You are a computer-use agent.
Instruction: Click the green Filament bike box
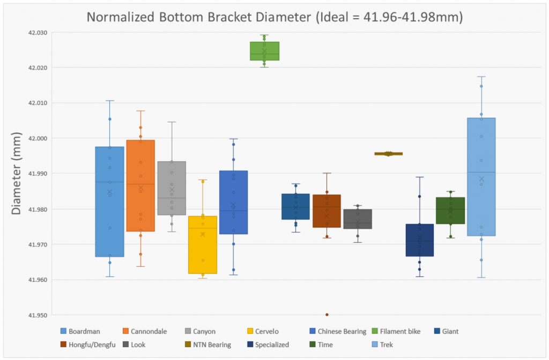pyautogui.click(x=264, y=51)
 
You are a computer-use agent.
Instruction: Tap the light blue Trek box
pyautogui.click(x=481, y=177)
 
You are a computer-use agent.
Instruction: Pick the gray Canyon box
pyautogui.click(x=172, y=188)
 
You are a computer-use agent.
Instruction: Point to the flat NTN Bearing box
pyautogui.click(x=389, y=154)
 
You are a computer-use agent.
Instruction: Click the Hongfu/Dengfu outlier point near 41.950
pyautogui.click(x=327, y=314)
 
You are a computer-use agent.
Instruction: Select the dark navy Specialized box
pyautogui.click(x=420, y=240)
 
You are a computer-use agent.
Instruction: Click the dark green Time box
pyautogui.click(x=450, y=210)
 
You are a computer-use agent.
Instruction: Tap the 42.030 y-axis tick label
pyautogui.click(x=38, y=33)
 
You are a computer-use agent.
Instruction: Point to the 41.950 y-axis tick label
pyautogui.click(x=38, y=315)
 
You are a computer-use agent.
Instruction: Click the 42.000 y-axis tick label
pyautogui.click(x=38, y=138)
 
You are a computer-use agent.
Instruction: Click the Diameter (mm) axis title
pyautogui.click(x=17, y=173)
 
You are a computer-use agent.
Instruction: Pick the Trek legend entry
pyautogui.click(x=384, y=345)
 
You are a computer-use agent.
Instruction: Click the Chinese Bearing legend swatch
pyautogui.click(x=313, y=332)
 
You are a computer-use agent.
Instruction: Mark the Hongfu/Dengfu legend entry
pyautogui.click(x=92, y=345)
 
